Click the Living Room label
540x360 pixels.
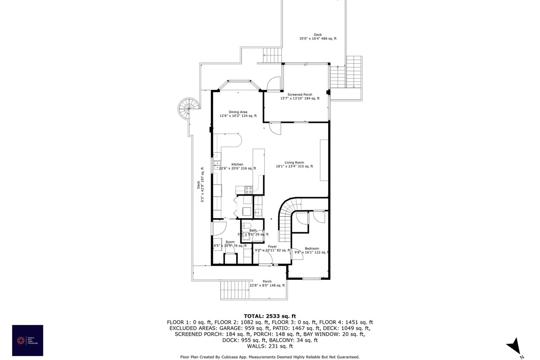(294, 162)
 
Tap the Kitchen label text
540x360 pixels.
(237, 164)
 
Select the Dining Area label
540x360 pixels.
(238, 112)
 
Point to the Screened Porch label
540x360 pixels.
(300, 94)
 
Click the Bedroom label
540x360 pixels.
(312, 248)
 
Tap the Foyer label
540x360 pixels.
(272, 247)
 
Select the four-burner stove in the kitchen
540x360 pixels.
(247, 190)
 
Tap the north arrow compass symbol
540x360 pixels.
(514, 347)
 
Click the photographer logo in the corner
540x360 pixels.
(27, 340)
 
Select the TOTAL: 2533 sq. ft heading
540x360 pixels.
(270, 316)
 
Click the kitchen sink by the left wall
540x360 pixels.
(217, 165)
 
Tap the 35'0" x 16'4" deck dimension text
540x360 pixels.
(318, 39)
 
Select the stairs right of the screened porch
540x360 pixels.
(346, 76)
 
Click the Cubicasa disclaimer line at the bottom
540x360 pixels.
(270, 357)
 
